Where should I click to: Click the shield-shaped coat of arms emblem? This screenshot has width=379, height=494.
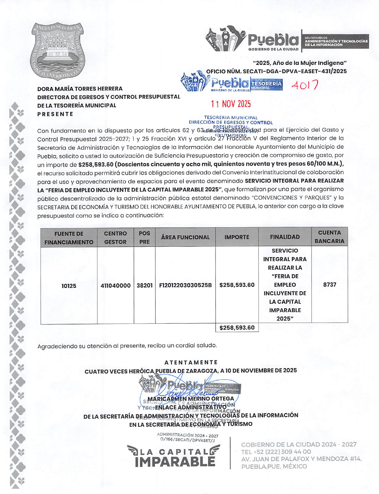[x=57, y=51]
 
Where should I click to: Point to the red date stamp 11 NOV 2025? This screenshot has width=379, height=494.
[x=231, y=104]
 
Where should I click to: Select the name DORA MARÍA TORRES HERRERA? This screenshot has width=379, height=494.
[x=80, y=89]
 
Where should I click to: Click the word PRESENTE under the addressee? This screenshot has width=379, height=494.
[x=55, y=114]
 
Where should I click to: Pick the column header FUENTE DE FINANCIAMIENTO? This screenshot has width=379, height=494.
[x=69, y=238]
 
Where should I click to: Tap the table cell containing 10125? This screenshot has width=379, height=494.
[x=69, y=286]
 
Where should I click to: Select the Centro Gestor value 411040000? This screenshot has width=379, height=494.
[x=115, y=285]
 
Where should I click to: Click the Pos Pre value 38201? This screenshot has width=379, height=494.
[x=144, y=285]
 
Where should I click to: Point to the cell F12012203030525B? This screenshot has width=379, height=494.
[x=185, y=285]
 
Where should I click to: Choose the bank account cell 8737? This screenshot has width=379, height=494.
[x=330, y=285]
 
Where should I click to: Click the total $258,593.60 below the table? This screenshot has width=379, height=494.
[x=237, y=328]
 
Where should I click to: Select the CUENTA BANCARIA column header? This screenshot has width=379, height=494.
[x=329, y=237]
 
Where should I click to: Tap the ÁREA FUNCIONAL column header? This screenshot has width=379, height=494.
[x=185, y=237]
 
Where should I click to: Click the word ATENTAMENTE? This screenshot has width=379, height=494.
[x=191, y=362]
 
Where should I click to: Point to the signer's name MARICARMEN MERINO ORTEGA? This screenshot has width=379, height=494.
[x=191, y=399]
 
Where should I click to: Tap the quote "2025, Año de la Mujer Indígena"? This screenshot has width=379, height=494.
[x=300, y=63]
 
